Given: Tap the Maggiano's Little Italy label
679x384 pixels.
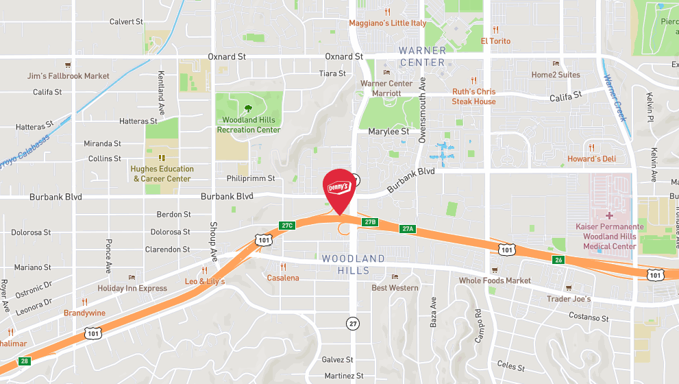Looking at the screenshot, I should point(387,23).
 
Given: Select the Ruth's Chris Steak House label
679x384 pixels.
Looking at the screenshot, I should point(473,97).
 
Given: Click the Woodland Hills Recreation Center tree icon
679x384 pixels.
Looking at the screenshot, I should point(248,108).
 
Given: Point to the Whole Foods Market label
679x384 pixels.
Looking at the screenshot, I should point(495,280).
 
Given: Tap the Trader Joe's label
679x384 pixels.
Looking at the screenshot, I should point(569,299).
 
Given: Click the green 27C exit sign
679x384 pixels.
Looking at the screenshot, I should point(287,225).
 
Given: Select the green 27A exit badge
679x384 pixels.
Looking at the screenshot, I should point(408,228).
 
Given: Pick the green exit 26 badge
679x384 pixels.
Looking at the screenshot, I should point(558,259).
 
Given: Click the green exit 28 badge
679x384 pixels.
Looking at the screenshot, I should point(25,361).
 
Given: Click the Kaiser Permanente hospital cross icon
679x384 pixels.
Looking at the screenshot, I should point(609,215).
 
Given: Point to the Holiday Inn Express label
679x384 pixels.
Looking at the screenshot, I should point(132,289).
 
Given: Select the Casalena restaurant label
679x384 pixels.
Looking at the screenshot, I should point(283,278).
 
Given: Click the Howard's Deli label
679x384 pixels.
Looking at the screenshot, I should point(591,159).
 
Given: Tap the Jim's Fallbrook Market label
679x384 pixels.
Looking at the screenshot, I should point(68,75).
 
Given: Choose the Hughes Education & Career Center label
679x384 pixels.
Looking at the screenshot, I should point(162,173).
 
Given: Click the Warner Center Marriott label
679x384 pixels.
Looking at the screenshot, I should point(386,88).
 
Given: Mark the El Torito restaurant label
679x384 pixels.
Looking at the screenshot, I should point(495,41).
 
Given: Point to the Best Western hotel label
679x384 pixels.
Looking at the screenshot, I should point(395,287).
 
